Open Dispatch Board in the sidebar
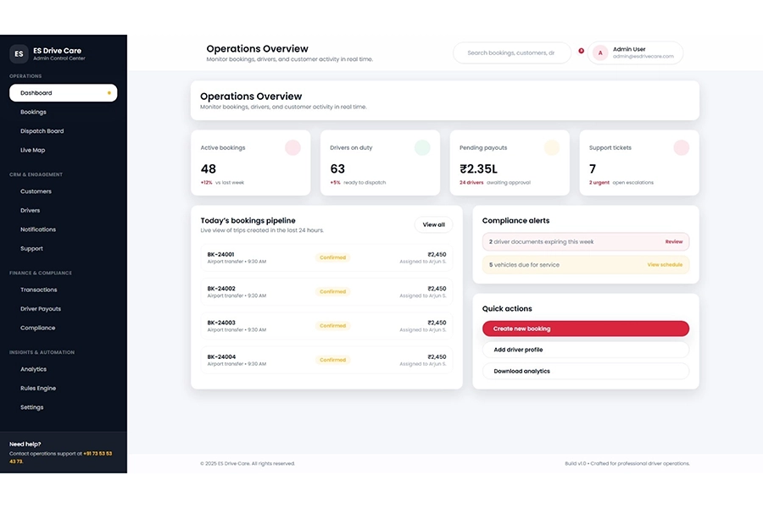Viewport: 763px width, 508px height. [x=42, y=131]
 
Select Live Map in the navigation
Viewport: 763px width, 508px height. [x=33, y=150]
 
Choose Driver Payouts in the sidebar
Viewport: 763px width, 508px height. [x=41, y=309]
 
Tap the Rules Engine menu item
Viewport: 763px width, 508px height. [x=38, y=389]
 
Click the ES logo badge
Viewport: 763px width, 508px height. [x=19, y=53]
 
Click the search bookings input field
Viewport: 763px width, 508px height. [x=511, y=52]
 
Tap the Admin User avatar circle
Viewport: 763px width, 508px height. [x=600, y=52]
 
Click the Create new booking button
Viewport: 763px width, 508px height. [x=585, y=329]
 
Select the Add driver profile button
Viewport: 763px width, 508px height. [x=585, y=350]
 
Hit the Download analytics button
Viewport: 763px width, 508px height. [x=585, y=371]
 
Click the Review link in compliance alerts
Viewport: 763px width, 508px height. [x=673, y=242]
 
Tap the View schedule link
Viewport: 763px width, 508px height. [x=665, y=265]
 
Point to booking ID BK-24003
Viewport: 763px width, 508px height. [x=221, y=323]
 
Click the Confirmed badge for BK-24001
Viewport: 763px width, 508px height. [x=332, y=257]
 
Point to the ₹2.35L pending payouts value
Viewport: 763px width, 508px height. [x=478, y=169]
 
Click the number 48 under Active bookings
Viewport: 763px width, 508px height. [x=209, y=169]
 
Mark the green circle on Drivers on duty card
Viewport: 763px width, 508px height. [x=422, y=147]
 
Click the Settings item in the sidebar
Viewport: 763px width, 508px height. [x=32, y=407]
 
